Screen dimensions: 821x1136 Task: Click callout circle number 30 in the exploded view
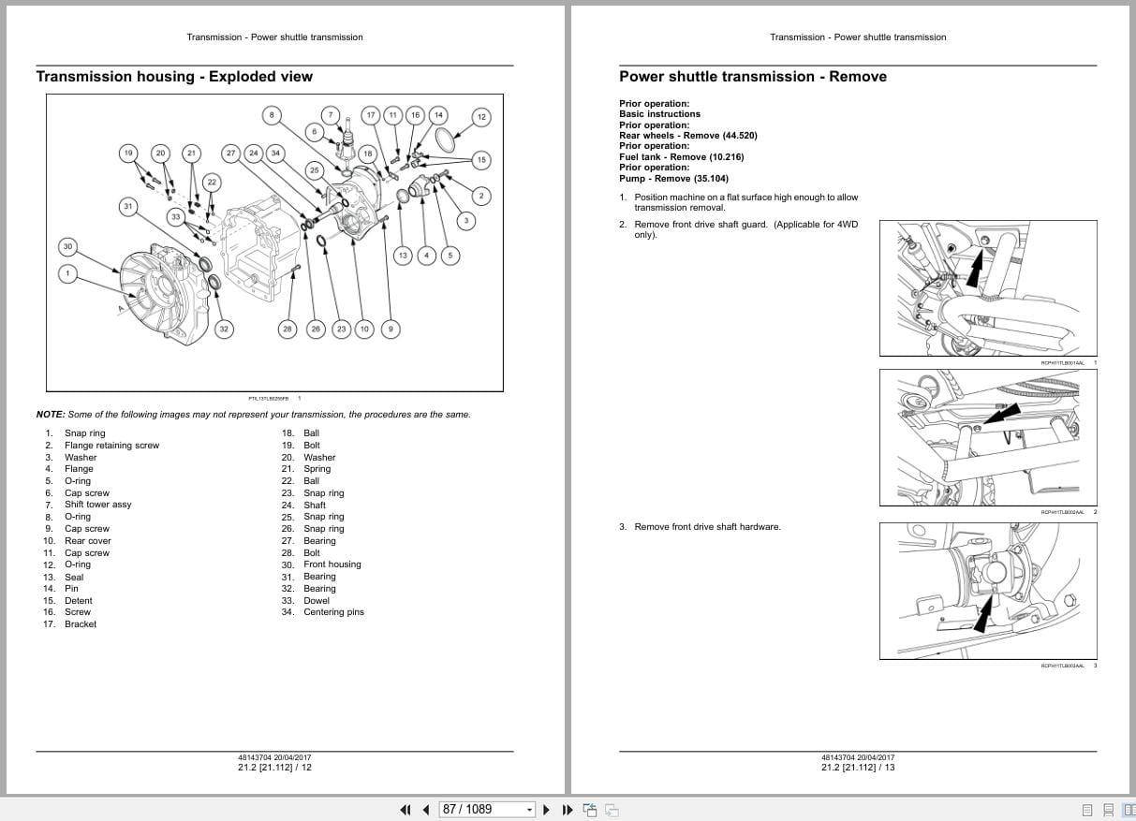67,247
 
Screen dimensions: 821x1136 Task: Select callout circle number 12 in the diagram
481,117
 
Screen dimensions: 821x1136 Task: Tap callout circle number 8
272,115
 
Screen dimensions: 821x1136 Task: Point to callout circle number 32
224,329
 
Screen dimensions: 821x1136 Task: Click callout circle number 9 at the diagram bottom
391,329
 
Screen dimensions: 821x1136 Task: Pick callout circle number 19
129,153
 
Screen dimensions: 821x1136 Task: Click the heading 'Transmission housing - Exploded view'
174,77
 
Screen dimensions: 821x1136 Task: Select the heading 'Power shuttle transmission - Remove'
752,77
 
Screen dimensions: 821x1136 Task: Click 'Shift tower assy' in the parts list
97,505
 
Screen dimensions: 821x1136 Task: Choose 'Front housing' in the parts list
332,564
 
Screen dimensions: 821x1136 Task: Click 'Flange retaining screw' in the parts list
111,446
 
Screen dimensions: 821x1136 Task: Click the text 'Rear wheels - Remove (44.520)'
687,136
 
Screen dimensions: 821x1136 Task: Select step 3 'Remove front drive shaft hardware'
706,527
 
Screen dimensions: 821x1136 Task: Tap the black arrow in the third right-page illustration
983,615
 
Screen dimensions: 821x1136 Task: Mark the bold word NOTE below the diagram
50,415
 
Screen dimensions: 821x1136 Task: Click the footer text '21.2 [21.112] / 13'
858,768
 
